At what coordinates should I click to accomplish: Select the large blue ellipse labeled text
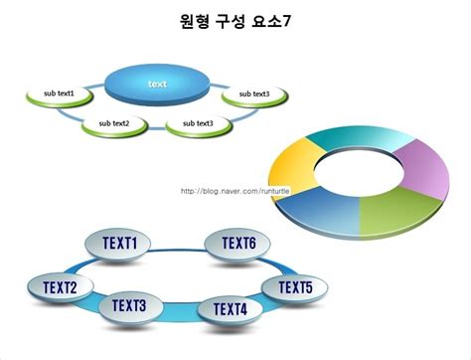click(x=158, y=84)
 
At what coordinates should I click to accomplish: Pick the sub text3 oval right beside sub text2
click(x=192, y=124)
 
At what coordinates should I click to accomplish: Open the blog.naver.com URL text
click(x=235, y=191)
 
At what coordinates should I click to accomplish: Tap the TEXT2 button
click(x=60, y=288)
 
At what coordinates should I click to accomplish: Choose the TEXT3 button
click(x=129, y=306)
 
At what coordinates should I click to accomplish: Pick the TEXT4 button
click(x=229, y=310)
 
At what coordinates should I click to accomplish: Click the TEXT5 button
click(x=294, y=288)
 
